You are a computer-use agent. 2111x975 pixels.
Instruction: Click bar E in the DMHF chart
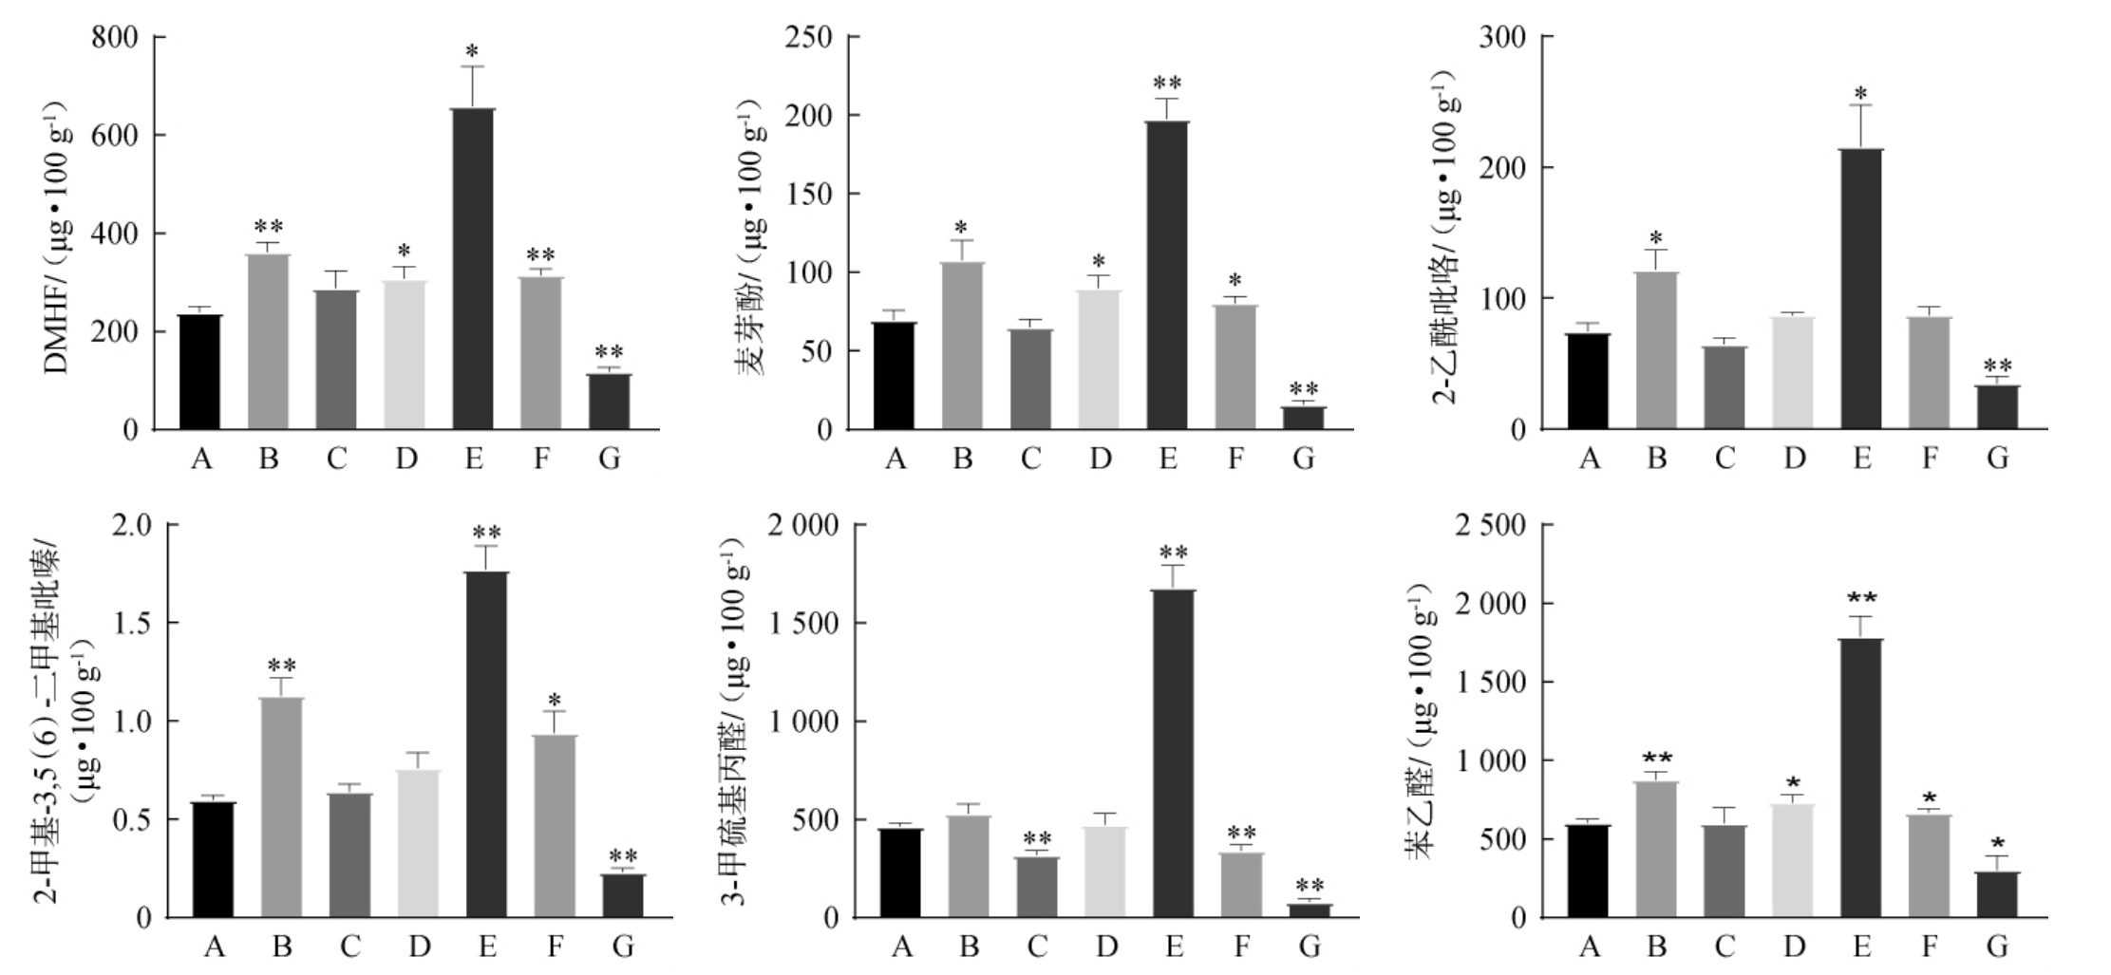(473, 269)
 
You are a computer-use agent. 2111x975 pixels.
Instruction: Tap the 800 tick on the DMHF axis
(114, 37)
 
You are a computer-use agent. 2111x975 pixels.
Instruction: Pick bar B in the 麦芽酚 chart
(963, 346)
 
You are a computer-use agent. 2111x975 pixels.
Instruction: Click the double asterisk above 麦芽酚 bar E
(1167, 82)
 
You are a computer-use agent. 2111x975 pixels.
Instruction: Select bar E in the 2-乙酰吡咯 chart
(1861, 289)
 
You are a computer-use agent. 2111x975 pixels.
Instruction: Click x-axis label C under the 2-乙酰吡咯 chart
(1725, 459)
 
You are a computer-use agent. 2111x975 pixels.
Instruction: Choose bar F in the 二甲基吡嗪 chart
(555, 826)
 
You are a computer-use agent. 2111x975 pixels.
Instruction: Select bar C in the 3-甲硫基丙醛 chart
(1037, 887)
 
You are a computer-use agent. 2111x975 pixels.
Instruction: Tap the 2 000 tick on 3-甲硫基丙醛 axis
(807, 525)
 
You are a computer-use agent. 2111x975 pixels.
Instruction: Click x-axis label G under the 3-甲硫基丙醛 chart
(1310, 947)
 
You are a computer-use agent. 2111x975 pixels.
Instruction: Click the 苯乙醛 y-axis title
(1420, 722)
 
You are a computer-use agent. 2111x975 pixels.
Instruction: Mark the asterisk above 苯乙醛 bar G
(1998, 843)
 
